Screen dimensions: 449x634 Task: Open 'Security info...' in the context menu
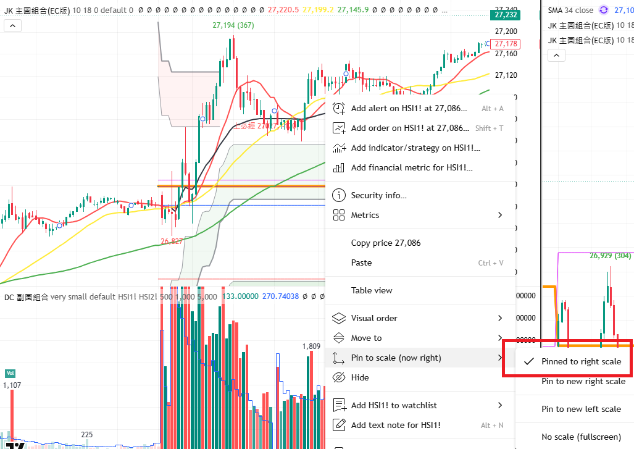tap(378, 195)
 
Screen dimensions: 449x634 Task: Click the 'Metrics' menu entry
tap(365, 215)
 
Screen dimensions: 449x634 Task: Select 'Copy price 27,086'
tap(385, 243)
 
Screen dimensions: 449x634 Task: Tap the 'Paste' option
tap(361, 262)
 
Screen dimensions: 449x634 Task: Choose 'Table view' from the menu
tap(371, 290)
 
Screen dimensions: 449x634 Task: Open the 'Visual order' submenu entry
tap(373, 318)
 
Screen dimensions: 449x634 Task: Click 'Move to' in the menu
tap(366, 338)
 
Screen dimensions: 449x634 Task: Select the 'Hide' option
tap(359, 377)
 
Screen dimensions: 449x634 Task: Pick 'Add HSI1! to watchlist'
tap(393, 405)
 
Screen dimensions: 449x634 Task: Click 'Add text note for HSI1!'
tap(395, 425)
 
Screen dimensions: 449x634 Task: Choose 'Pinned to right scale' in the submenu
tap(581, 361)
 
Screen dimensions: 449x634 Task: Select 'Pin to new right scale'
tap(583, 381)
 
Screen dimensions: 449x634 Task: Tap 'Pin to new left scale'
tap(581, 409)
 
